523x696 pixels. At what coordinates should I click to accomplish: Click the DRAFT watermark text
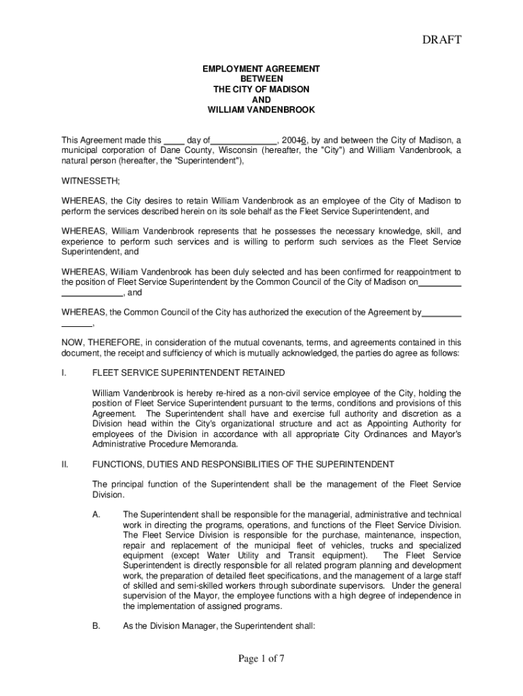(441, 40)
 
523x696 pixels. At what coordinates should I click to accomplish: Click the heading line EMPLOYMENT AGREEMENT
(261, 69)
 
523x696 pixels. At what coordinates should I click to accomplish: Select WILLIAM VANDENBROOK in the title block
(261, 109)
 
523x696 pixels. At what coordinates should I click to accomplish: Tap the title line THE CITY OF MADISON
(261, 90)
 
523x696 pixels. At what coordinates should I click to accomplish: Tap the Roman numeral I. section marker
(63, 372)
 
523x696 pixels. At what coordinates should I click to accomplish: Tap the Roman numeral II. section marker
(65, 464)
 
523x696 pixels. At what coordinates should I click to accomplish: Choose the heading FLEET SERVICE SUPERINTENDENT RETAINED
(189, 372)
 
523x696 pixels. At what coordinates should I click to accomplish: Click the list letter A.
(96, 515)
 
